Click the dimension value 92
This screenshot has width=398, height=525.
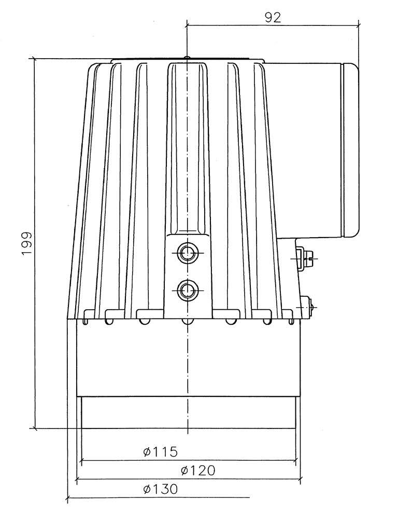tap(273, 18)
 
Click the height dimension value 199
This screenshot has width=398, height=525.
tap(27, 243)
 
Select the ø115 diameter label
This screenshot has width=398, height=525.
tap(160, 452)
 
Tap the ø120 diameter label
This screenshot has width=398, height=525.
tap(198, 471)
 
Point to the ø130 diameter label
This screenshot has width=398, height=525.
tap(160, 489)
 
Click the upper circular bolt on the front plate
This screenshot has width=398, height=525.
tap(187, 253)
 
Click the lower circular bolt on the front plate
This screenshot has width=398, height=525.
tap(187, 290)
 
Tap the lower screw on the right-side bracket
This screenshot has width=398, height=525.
tap(307, 307)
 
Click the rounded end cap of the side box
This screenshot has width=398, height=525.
tap(350, 150)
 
